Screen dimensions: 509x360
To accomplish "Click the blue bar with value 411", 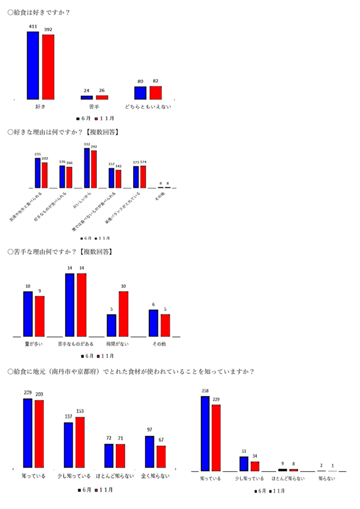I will point(33,65).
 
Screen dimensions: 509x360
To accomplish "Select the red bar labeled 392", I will point(48,67).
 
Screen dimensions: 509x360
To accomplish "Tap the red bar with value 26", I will point(102,97).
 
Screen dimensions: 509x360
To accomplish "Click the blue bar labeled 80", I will point(140,93).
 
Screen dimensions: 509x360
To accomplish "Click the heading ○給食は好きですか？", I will point(38,12).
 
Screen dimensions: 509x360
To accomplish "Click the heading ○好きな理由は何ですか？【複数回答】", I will point(63,132).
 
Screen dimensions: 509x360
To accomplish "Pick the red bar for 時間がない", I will point(123,314).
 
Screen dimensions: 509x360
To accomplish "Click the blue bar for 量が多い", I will point(28,314).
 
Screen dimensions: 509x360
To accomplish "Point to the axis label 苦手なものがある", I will point(76,344).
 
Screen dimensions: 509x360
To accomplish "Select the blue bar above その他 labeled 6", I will point(154,323).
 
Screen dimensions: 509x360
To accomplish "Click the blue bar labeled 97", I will point(150,452).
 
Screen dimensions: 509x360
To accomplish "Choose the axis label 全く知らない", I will point(155,476).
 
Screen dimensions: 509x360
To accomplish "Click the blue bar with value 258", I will point(205,433).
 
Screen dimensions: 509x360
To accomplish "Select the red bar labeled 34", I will point(255,466).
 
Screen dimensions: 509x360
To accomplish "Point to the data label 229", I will point(216,399).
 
